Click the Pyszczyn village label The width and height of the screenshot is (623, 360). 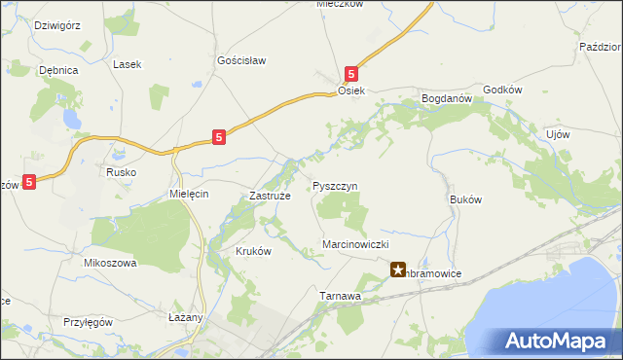336,185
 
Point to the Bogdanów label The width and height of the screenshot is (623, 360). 446,98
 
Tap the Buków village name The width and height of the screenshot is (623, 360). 466,198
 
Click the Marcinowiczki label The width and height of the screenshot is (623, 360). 355,243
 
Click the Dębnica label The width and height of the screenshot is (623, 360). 57,71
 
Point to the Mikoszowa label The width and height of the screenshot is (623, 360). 110,263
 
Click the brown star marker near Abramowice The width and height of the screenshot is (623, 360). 398,270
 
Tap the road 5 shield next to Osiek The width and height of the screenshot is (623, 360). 351,73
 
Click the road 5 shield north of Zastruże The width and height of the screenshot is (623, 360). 220,138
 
